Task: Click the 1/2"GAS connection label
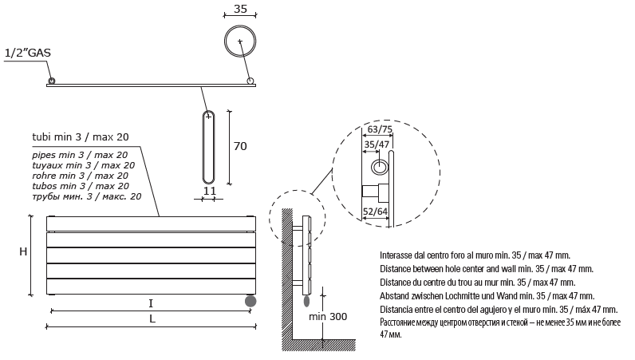pos(28,53)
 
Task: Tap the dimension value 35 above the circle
pos(240,9)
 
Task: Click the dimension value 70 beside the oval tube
pos(240,146)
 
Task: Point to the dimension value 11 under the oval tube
pos(209,191)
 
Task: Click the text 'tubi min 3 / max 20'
pos(81,137)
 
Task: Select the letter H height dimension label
pos(23,251)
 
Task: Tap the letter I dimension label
pos(151,303)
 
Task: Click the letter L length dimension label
pos(152,318)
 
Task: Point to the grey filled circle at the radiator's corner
pos(250,301)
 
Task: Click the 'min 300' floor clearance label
pos(328,317)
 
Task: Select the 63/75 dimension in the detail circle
pos(380,129)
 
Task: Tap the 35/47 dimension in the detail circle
pos(377,144)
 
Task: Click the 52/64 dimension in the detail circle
pos(376,212)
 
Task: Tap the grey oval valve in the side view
pos(306,302)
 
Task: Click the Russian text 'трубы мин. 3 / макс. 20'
pos(87,196)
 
